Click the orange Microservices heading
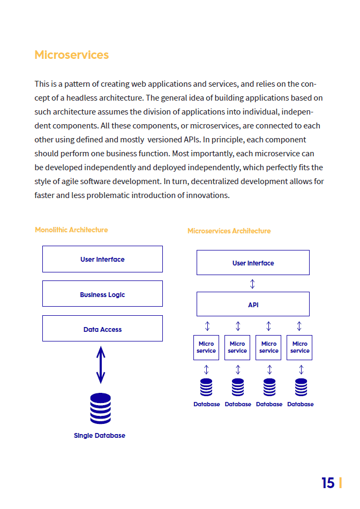72,55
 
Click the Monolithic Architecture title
71,230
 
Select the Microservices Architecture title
229,231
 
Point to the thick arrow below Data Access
101,365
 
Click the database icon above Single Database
100,408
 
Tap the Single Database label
100,436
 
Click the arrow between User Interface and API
252,284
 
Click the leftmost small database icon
206,388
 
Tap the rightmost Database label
301,405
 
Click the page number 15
328,483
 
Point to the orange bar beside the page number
341,483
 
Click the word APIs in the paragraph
192,140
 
